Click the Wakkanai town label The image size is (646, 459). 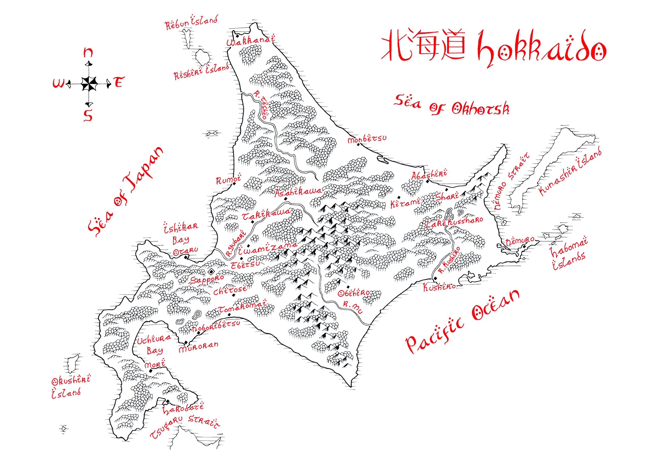[x=250, y=41]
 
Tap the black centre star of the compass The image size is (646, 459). [x=89, y=84]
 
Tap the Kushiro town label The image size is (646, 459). [x=439, y=287]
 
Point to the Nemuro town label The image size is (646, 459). [x=520, y=241]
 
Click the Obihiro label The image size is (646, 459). [x=354, y=293]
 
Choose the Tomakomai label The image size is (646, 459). [x=243, y=307]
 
